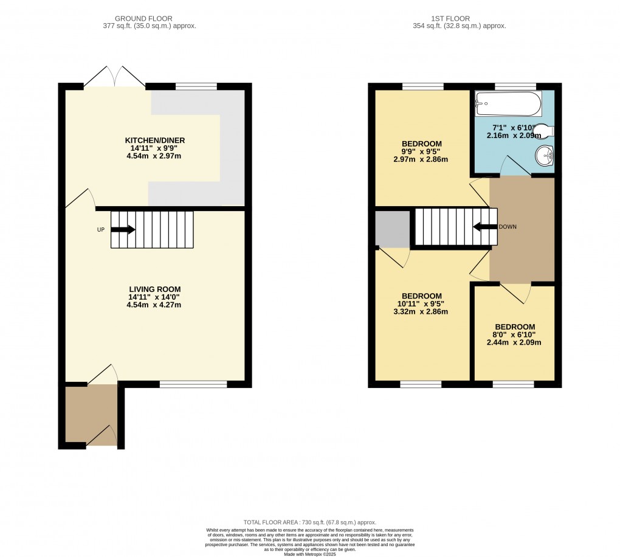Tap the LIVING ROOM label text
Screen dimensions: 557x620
click(x=154, y=289)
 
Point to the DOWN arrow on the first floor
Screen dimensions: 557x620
click(x=484, y=227)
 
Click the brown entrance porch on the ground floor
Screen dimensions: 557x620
click(x=91, y=415)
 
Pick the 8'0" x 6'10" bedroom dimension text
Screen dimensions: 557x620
click(x=514, y=338)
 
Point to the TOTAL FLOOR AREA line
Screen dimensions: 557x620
click(x=310, y=522)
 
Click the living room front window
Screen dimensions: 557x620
click(x=193, y=384)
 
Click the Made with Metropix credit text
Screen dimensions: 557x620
click(x=310, y=553)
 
